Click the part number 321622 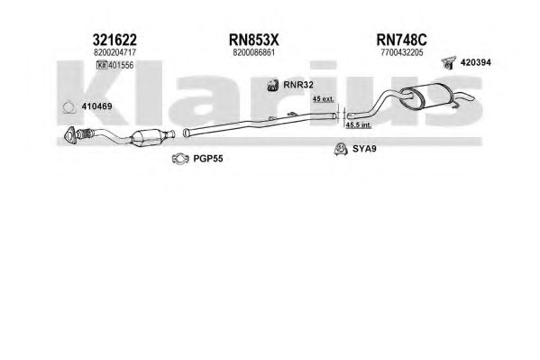click(114, 40)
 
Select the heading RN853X click(254, 40)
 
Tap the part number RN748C click(401, 40)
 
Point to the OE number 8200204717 click(114, 52)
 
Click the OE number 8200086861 click(254, 52)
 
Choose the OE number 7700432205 click(402, 52)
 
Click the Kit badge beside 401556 click(102, 65)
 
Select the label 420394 click(476, 62)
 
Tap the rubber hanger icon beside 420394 click(448, 62)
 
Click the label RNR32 click(298, 85)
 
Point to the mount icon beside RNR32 click(273, 85)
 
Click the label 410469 click(96, 106)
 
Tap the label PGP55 click(208, 159)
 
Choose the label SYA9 click(364, 149)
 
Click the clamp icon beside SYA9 click(341, 149)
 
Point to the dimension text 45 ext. click(323, 99)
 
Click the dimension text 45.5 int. click(359, 125)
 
